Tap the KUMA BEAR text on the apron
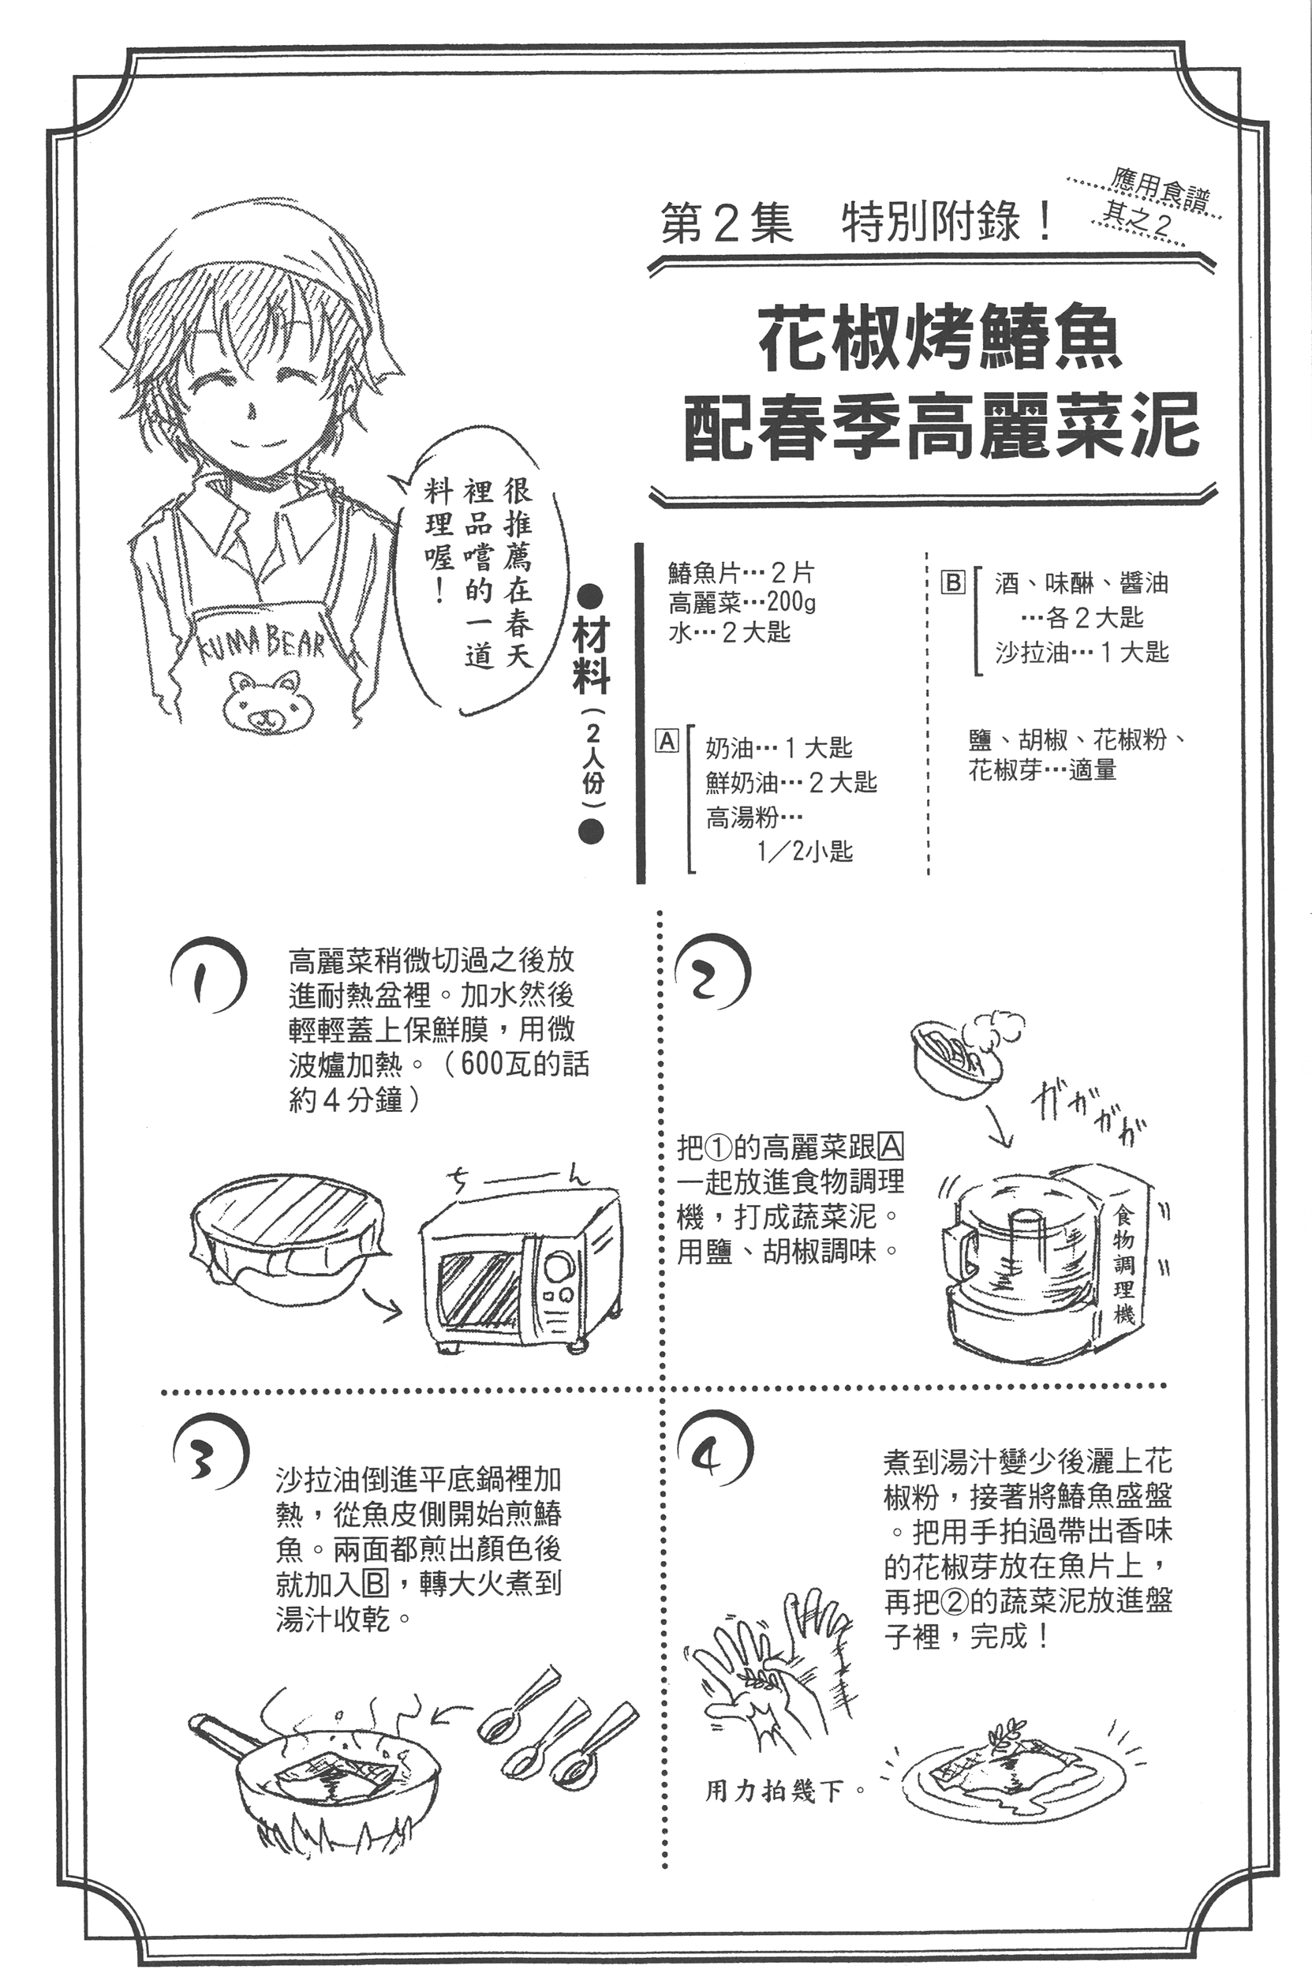260,642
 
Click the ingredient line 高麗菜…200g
742,602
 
